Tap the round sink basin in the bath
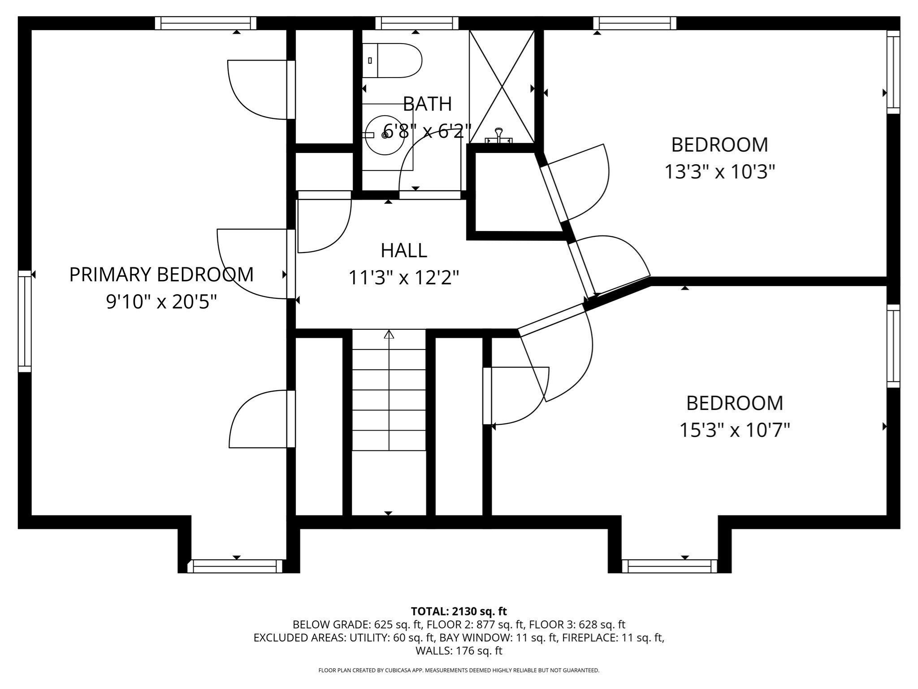click(385, 135)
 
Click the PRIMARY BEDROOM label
click(161, 275)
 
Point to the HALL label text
click(403, 250)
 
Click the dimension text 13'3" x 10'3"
click(719, 172)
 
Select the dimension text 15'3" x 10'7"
click(734, 430)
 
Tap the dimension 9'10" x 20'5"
click(161, 302)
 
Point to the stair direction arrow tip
click(389, 333)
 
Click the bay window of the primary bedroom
click(235, 566)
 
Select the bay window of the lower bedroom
click(669, 566)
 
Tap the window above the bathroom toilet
click(416, 23)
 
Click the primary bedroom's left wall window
click(25, 321)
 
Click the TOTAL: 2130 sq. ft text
click(459, 611)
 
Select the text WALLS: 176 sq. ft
click(459, 650)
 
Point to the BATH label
click(427, 104)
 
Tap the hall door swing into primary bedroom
click(251, 265)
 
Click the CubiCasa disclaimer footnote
click(459, 670)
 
